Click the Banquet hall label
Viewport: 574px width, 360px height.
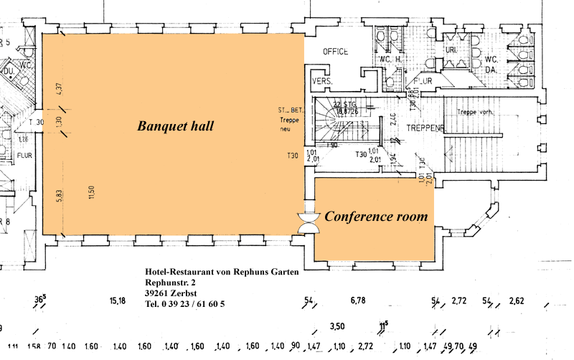[x=176, y=126]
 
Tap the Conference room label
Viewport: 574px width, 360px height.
[x=376, y=216]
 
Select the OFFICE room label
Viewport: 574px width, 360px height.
[x=335, y=52]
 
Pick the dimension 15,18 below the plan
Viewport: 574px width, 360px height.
[x=118, y=300]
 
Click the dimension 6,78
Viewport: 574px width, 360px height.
[x=358, y=300]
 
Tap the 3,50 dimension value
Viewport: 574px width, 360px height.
[x=337, y=326]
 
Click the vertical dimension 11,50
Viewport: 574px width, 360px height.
[x=92, y=193]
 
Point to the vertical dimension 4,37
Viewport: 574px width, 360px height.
[x=60, y=90]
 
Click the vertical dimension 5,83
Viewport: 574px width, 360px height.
[x=60, y=194]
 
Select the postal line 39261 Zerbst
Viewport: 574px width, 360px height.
[x=173, y=293]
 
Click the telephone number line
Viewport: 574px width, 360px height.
[x=184, y=304]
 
